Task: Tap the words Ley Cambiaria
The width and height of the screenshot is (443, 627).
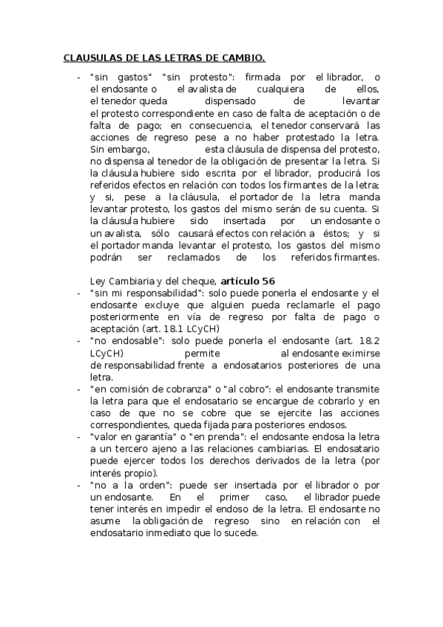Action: point(119,281)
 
